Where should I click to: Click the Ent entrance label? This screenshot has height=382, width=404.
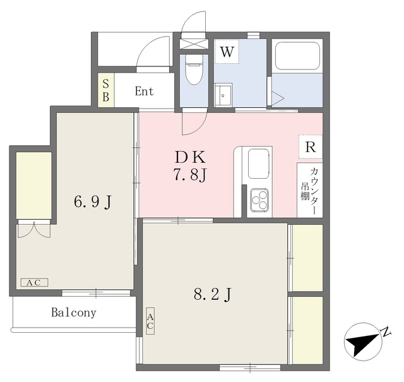(144, 91)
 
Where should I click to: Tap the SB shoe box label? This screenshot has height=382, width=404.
(105, 91)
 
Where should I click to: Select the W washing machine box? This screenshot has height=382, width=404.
(227, 52)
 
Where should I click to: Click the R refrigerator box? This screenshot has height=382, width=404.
(310, 146)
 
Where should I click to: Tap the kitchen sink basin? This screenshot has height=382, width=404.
(259, 164)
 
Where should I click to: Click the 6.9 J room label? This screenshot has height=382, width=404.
(93, 202)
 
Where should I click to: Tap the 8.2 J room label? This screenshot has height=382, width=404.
(213, 294)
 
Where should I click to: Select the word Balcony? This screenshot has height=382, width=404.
(73, 313)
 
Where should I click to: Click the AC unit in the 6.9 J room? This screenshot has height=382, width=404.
(33, 282)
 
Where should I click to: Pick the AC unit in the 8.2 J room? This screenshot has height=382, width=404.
(150, 321)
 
